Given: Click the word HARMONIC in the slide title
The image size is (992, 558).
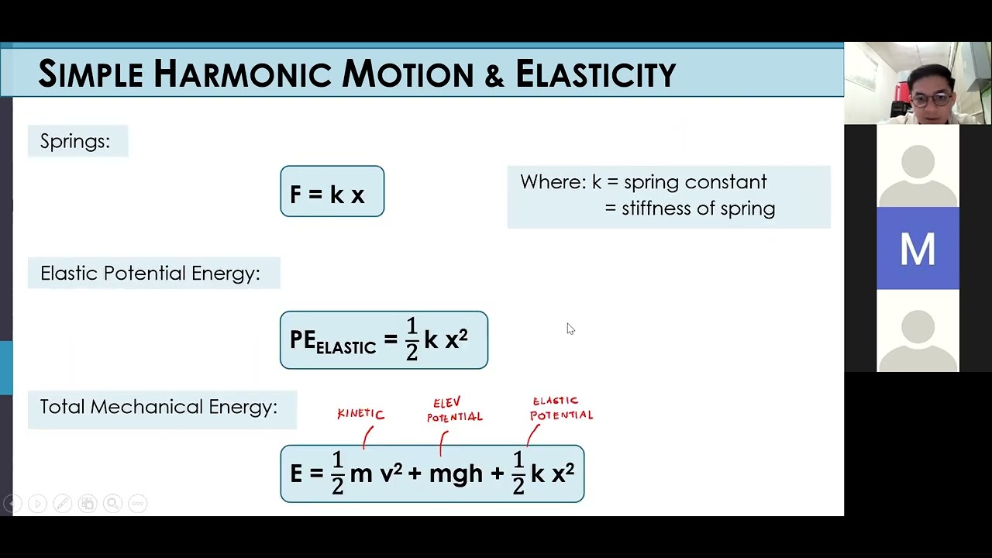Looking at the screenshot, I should (x=243, y=74).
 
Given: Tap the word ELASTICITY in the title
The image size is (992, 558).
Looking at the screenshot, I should (x=595, y=74).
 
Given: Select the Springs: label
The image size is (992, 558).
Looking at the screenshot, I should (x=75, y=141).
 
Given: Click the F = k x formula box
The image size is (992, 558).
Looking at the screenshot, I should (x=332, y=191).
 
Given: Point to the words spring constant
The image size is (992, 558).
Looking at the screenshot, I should (x=695, y=182).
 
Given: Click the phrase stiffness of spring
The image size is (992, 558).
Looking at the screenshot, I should (x=698, y=208).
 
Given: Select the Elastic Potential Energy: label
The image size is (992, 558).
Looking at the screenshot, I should (x=150, y=274).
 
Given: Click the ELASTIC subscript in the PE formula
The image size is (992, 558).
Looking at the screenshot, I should (x=346, y=348).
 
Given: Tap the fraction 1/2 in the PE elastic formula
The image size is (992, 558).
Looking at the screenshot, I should (x=412, y=339).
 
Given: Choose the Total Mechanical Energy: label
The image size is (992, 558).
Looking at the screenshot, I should (x=159, y=407).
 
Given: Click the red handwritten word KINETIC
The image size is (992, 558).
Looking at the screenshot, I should (x=360, y=414).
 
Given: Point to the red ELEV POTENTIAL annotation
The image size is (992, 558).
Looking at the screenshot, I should (x=455, y=410).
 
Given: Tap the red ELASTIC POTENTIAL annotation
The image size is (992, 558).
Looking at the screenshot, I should (x=562, y=408).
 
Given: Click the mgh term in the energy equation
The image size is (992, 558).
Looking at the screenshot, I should (x=456, y=474).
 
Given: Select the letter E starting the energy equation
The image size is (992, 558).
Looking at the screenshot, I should (x=296, y=474).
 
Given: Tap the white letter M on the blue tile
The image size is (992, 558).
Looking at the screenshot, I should (x=918, y=250).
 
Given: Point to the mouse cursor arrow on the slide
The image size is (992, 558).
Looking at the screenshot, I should (x=570, y=329).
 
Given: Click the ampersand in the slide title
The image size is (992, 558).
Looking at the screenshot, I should (x=494, y=75).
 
